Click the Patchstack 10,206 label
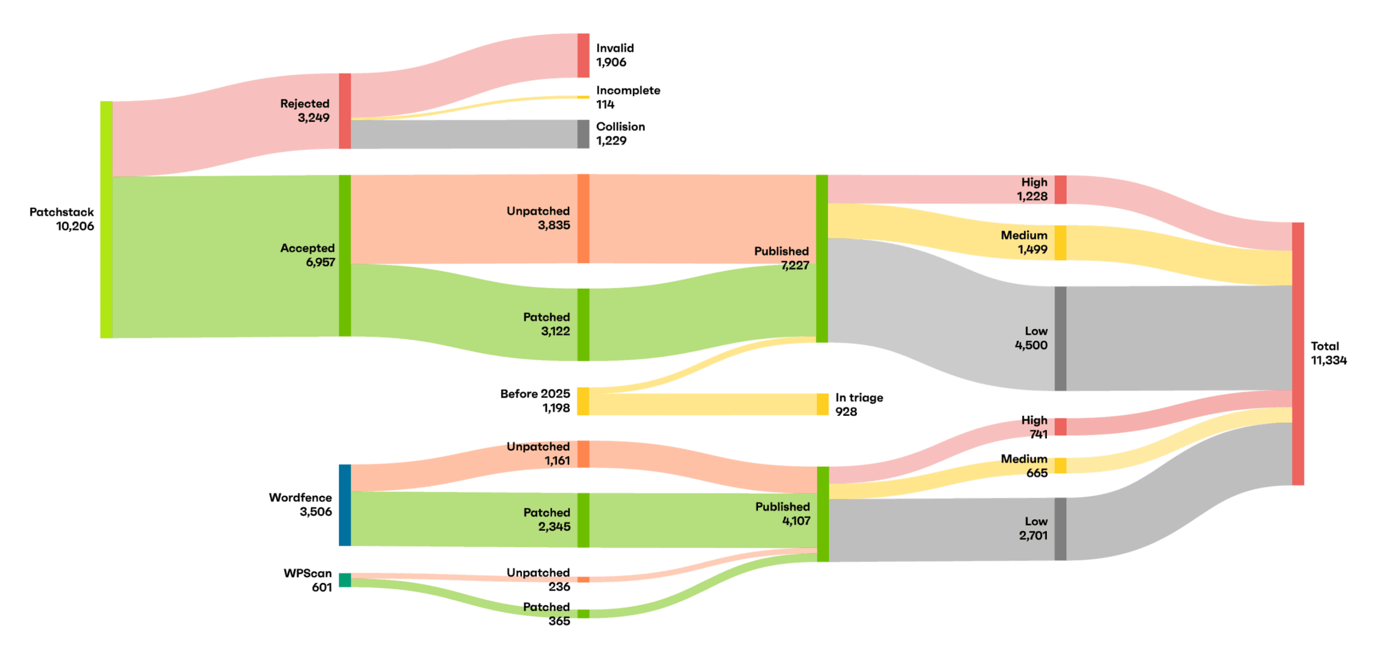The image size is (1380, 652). (62, 219)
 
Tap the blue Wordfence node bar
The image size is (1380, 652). (345, 505)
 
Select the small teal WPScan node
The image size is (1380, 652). (345, 580)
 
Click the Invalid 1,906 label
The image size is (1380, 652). (615, 55)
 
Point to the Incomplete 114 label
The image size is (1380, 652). (628, 97)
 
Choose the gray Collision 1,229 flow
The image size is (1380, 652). (470, 134)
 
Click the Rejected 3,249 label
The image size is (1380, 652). (305, 110)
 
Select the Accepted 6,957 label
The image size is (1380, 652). (307, 255)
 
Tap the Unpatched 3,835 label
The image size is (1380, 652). (538, 218)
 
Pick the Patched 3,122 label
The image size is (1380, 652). (546, 324)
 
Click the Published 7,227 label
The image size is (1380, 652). (781, 258)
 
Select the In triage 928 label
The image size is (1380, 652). (859, 404)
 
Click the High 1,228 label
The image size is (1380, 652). (1032, 189)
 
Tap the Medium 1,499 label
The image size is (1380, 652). (1024, 242)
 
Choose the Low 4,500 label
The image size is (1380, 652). (1032, 338)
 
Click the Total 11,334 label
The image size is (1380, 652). (1328, 353)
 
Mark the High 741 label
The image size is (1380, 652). (1034, 427)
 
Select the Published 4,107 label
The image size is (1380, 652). (783, 514)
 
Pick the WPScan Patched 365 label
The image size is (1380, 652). (547, 614)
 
